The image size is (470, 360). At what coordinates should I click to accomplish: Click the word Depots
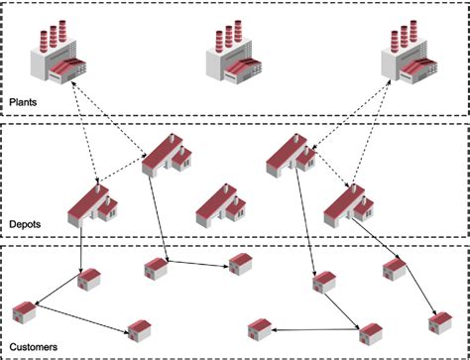pos(25,226)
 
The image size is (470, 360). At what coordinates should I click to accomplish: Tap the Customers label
pos(32,348)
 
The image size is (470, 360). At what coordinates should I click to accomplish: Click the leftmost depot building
pos(92,204)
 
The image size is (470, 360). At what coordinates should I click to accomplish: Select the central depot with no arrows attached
pos(221,202)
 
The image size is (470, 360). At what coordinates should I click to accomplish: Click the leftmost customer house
pos(24,314)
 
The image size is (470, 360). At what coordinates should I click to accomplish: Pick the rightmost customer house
pos(438,322)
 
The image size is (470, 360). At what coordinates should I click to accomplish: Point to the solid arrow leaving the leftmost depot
pos(82,248)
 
